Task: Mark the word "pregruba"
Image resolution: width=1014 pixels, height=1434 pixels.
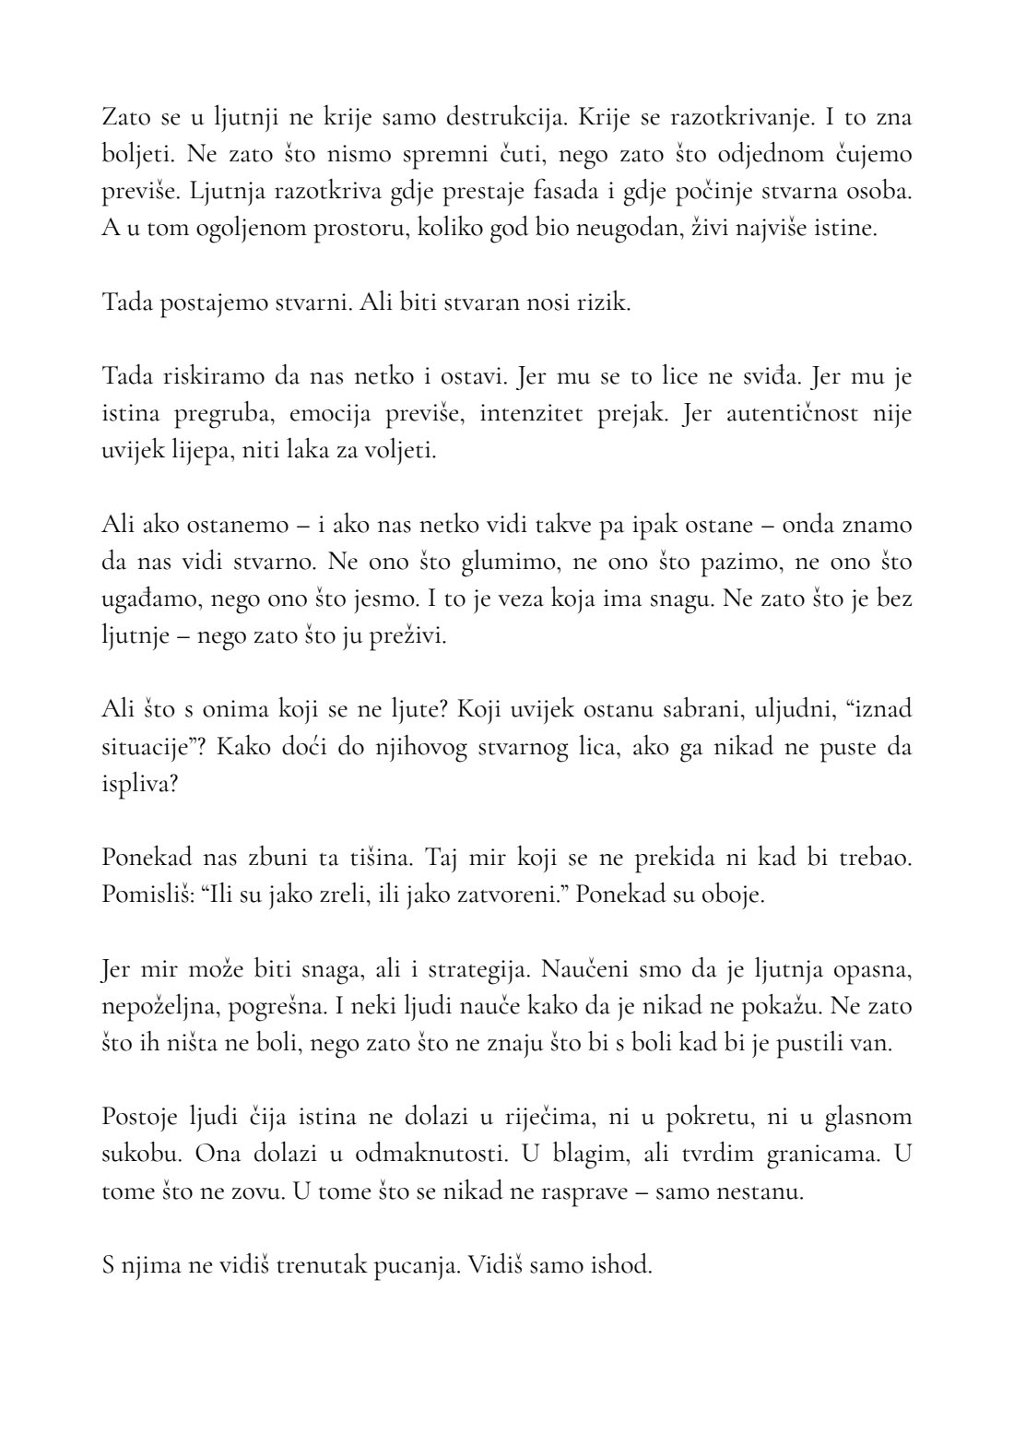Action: (218, 413)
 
